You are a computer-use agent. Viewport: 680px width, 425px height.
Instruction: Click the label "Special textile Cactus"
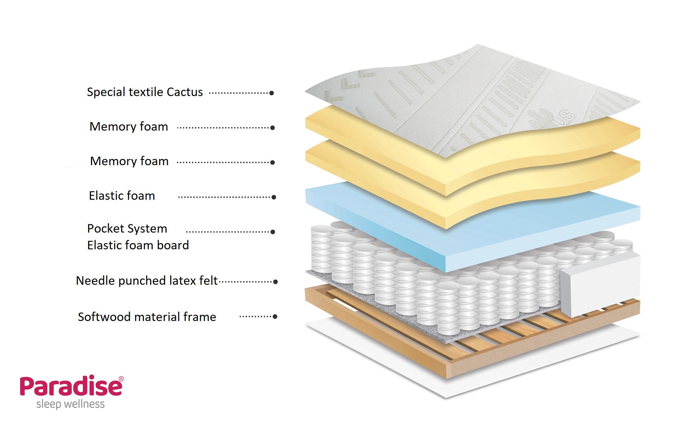[x=145, y=92]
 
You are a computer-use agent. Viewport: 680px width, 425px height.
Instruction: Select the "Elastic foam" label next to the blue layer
[x=122, y=196]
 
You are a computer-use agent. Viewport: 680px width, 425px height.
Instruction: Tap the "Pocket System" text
[x=127, y=229]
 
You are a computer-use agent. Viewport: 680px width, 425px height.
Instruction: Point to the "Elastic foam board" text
[x=138, y=245]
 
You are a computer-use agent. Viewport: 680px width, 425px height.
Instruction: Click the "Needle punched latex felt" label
[x=147, y=281]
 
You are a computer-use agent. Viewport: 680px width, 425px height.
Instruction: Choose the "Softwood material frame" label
[x=147, y=317]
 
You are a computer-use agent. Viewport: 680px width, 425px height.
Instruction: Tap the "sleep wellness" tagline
[x=70, y=404]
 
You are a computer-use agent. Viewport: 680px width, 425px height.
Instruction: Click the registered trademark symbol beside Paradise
[x=121, y=379]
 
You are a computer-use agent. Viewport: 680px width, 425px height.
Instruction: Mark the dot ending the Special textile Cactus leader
[x=271, y=93]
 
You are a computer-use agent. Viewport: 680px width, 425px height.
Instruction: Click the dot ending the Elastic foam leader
[x=274, y=197]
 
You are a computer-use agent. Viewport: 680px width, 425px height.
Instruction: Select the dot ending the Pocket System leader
[x=273, y=232]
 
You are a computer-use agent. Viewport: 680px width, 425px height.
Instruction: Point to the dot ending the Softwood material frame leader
[x=275, y=316]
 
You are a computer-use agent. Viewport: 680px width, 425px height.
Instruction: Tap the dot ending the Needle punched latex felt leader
[x=275, y=282]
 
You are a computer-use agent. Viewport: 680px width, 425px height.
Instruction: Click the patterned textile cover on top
[x=453, y=93]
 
